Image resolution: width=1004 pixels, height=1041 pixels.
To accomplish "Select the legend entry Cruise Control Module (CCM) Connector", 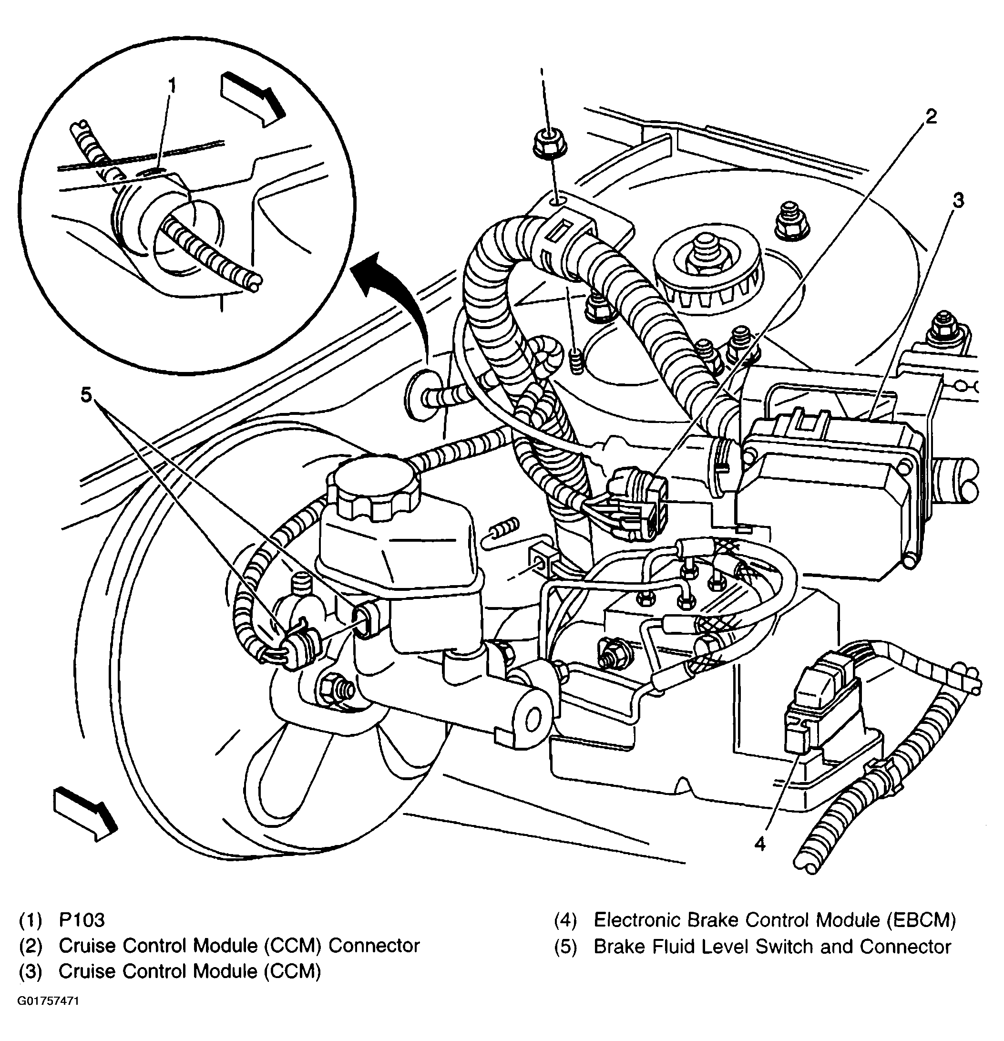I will pyautogui.click(x=239, y=946).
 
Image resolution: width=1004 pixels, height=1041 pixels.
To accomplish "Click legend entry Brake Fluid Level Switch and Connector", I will pyautogui.click(x=772, y=947).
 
